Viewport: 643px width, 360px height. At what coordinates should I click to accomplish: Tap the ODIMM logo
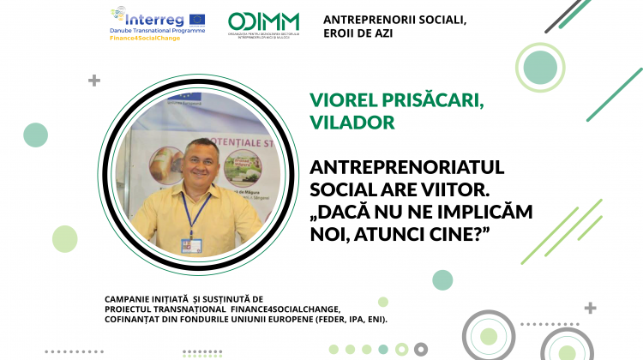click(x=264, y=24)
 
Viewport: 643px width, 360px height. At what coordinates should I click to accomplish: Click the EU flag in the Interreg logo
click(x=196, y=17)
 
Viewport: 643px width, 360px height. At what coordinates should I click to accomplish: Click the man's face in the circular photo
click(x=198, y=160)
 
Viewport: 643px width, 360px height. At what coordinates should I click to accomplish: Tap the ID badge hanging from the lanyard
click(x=189, y=243)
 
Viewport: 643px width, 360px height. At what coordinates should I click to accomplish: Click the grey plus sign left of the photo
click(x=94, y=81)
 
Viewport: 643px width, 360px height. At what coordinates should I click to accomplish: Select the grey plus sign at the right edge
click(x=590, y=308)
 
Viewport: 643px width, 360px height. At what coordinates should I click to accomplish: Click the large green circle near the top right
click(x=540, y=66)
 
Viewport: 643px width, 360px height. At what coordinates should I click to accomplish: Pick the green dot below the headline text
click(x=442, y=279)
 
